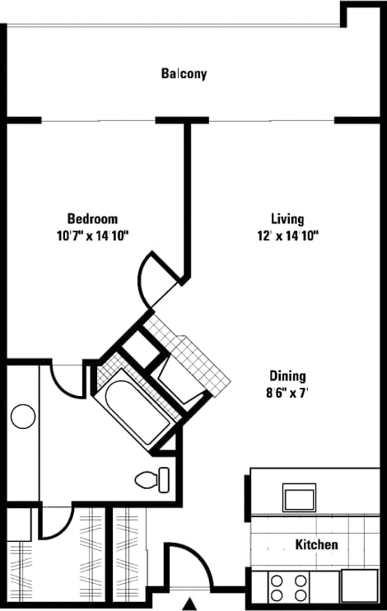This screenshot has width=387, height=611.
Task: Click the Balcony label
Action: click(x=184, y=74)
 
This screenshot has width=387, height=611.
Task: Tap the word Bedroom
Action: click(x=92, y=219)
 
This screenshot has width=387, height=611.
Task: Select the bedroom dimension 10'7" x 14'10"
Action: click(x=92, y=236)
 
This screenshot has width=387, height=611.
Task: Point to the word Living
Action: click(x=287, y=219)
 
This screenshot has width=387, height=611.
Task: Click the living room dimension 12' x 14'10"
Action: click(x=287, y=236)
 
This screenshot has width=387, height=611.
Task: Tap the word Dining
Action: click(x=287, y=376)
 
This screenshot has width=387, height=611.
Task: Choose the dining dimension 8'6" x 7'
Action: click(x=287, y=393)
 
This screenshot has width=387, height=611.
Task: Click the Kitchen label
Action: click(x=317, y=544)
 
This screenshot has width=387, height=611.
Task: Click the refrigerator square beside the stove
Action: click(x=359, y=587)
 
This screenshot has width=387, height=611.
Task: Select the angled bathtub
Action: click(x=135, y=408)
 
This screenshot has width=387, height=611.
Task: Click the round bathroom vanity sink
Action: click(x=23, y=417)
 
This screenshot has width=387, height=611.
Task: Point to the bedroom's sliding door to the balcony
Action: click(x=99, y=120)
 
